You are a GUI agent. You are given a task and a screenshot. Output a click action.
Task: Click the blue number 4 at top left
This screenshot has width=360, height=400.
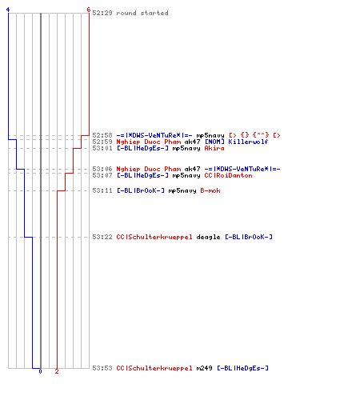pos(8,10)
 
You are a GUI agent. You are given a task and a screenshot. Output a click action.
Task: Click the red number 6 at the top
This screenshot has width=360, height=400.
pos(89,10)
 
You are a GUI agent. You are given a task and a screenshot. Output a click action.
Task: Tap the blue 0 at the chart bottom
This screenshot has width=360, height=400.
pos(40,371)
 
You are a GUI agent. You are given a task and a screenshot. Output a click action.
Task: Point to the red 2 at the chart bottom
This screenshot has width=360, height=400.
pos(57,371)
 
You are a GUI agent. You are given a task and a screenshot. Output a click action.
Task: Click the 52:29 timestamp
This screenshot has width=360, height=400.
pos(102,13)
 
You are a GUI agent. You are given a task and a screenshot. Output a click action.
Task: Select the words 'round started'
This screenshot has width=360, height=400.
pos(142,13)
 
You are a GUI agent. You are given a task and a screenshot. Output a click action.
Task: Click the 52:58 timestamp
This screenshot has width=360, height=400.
pos(102,135)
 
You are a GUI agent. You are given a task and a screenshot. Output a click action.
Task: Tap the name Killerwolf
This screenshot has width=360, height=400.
pos(248,142)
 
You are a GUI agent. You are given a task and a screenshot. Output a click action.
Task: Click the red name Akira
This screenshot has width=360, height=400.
pos(214,148)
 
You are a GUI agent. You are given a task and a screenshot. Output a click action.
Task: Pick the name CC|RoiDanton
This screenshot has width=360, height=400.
pos(228,175)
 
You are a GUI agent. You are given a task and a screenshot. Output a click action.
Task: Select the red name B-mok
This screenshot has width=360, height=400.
pos(210,190)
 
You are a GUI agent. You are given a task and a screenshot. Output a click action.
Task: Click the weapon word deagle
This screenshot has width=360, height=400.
pos(208,237)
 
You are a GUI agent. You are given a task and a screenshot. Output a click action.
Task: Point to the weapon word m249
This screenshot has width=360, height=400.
pos(204,368)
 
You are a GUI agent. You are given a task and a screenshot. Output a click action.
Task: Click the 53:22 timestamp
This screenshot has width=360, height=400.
pos(102,237)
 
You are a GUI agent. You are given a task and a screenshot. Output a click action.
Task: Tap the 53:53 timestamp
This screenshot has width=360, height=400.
pos(102,368)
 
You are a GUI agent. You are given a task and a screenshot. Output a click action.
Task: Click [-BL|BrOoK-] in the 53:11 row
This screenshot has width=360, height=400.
pos(141,190)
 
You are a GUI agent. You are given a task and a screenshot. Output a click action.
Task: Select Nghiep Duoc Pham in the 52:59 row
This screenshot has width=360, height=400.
pos(149,142)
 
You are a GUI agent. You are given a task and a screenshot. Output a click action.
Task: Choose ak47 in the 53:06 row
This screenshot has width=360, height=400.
pos(192,169)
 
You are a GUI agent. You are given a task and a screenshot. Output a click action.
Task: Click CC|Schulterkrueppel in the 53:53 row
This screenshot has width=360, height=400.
pos(154,368)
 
